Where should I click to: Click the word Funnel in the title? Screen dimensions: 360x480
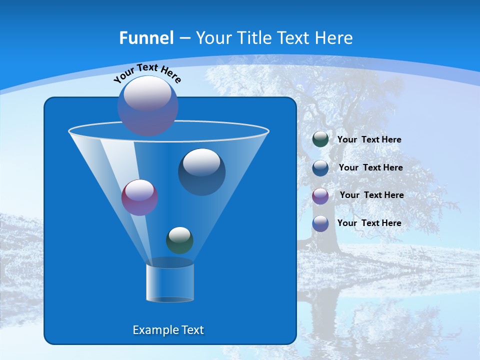click(146, 38)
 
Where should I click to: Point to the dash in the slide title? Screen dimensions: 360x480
click(184, 38)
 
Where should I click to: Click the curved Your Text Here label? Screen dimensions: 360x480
click(147, 72)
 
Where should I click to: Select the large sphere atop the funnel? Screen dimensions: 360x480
click(148, 105)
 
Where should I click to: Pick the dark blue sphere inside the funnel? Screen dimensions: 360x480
click(201, 171)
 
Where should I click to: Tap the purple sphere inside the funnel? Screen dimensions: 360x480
click(139, 197)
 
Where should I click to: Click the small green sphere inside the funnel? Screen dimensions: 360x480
click(179, 240)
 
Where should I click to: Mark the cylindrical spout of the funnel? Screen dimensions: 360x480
click(169, 282)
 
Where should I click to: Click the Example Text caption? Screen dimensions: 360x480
click(168, 330)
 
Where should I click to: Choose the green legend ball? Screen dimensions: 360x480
click(320, 139)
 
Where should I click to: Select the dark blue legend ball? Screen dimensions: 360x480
click(320, 168)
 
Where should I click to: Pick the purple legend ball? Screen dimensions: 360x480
click(320, 195)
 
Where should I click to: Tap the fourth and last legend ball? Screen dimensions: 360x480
click(320, 223)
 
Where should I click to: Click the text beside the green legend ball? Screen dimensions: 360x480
click(369, 140)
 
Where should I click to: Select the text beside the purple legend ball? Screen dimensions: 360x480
click(371, 195)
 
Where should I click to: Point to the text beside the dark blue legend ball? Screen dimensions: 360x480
click(370, 168)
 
